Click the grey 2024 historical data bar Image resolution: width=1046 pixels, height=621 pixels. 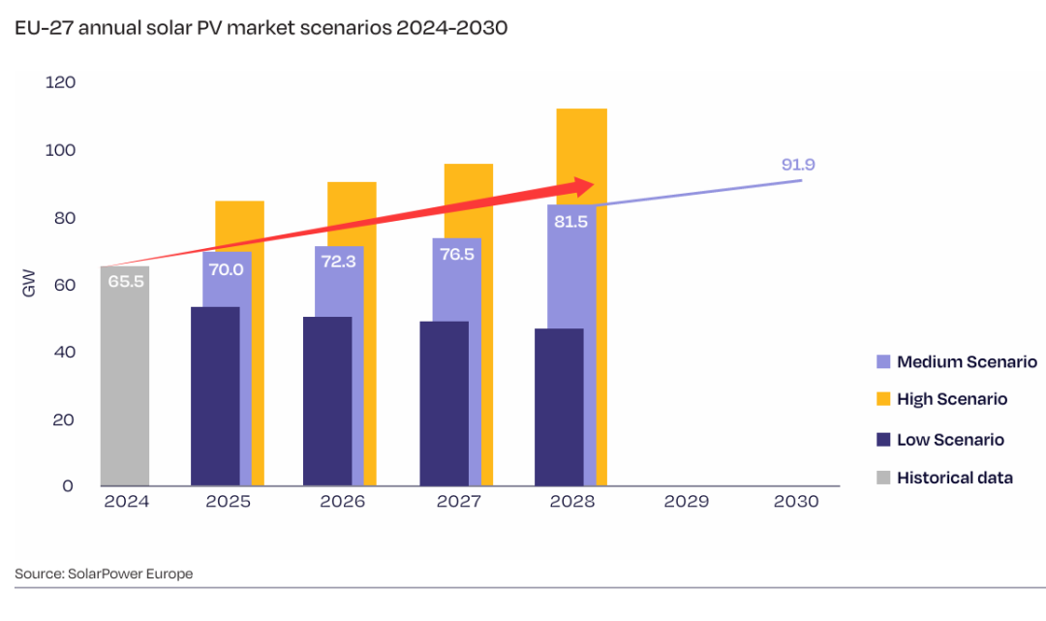tap(125, 388)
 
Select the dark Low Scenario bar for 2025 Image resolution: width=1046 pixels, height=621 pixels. tap(215, 397)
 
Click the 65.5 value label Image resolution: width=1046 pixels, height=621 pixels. tap(124, 282)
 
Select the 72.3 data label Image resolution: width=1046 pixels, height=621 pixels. tap(337, 262)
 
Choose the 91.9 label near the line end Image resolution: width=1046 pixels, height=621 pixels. tap(798, 165)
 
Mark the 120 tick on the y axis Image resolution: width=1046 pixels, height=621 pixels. tap(60, 83)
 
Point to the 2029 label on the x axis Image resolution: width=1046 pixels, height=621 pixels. tap(687, 502)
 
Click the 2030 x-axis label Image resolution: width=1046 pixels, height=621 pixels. tap(797, 502)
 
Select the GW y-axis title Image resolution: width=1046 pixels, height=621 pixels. tap(27, 285)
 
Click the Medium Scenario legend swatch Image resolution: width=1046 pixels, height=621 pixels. tap(882, 362)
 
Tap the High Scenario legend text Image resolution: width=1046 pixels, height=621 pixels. tap(952, 399)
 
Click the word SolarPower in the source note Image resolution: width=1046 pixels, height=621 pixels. tap(105, 574)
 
